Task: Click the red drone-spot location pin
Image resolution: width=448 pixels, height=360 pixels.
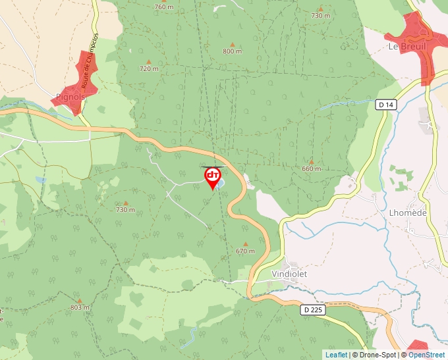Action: coord(213,177)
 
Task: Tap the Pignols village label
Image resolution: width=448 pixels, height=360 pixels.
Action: coord(70,97)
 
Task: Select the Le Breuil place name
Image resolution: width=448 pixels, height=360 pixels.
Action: coord(407,47)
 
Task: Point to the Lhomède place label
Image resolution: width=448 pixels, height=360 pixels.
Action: coord(408,213)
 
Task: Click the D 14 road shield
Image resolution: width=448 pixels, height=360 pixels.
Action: coord(386,105)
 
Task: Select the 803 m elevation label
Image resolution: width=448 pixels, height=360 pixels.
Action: coord(80,307)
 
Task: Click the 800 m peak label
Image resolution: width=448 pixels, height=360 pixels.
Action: coord(232,51)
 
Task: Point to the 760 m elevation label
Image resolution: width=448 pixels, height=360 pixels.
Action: coord(163,7)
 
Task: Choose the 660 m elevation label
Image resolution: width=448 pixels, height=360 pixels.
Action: coord(311,168)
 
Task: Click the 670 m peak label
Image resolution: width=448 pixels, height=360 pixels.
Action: coord(244,251)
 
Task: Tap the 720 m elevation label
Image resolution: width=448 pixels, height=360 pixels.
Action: coord(149,68)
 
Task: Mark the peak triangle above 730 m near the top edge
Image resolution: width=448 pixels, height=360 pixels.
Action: coord(320,8)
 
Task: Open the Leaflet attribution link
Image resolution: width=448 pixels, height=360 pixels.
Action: coord(336,355)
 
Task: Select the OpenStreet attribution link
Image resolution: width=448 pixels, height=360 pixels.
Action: coord(428,355)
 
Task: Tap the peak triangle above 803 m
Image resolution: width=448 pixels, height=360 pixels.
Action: coord(80,300)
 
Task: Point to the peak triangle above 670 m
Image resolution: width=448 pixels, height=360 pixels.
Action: coord(244,244)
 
